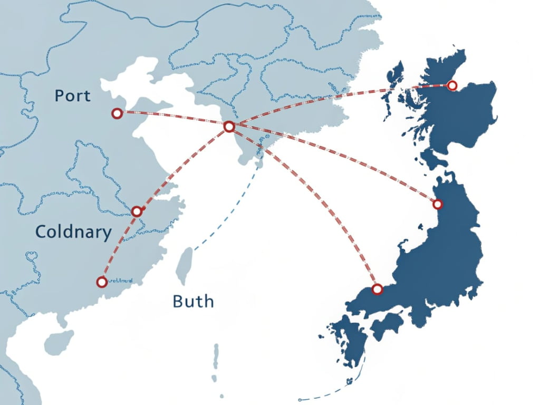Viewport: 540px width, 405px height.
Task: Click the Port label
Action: [73, 96]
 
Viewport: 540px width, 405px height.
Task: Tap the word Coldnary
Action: [73, 232]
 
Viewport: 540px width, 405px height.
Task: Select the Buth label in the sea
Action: [193, 301]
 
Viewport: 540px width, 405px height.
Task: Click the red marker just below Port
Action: [117, 113]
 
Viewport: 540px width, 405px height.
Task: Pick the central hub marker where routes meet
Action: [229, 127]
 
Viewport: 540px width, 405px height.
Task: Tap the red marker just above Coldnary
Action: [137, 211]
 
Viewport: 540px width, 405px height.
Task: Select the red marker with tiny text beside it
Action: [102, 282]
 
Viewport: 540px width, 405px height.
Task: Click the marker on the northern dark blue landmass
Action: [451, 85]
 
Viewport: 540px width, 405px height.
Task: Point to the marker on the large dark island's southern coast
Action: [377, 288]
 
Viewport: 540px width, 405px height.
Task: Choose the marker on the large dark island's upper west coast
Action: [437, 204]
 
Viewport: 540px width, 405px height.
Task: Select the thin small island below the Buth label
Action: [216, 356]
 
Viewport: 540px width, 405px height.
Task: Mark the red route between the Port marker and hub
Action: [174, 119]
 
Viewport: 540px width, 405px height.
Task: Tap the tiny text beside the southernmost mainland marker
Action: [122, 282]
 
